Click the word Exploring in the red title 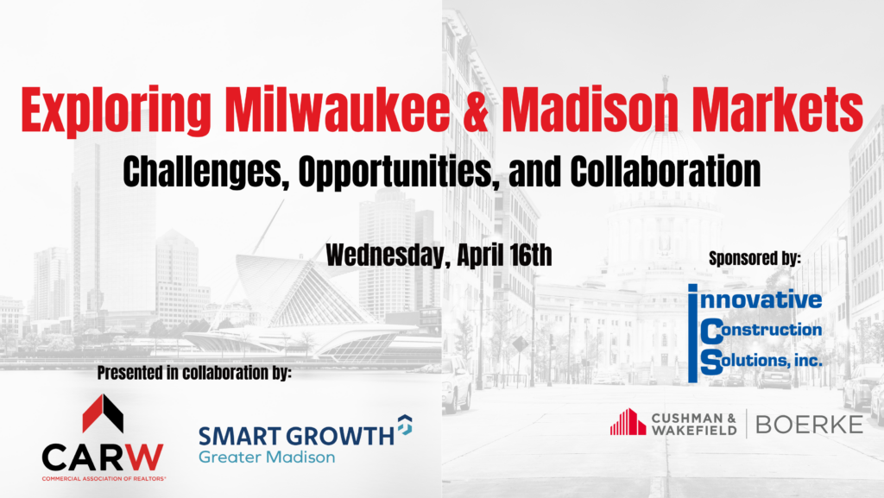pos(117,111)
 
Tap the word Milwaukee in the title pos(338,108)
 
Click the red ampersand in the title pos(476,109)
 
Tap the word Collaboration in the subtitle pos(666,171)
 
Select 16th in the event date pos(530,255)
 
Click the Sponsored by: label pos(755,258)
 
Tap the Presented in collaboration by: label pos(194,372)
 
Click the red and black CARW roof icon pos(103,413)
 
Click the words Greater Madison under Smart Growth pos(267,457)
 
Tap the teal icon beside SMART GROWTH pos(405,425)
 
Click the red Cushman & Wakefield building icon pos(628,422)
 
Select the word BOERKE pos(809,425)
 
